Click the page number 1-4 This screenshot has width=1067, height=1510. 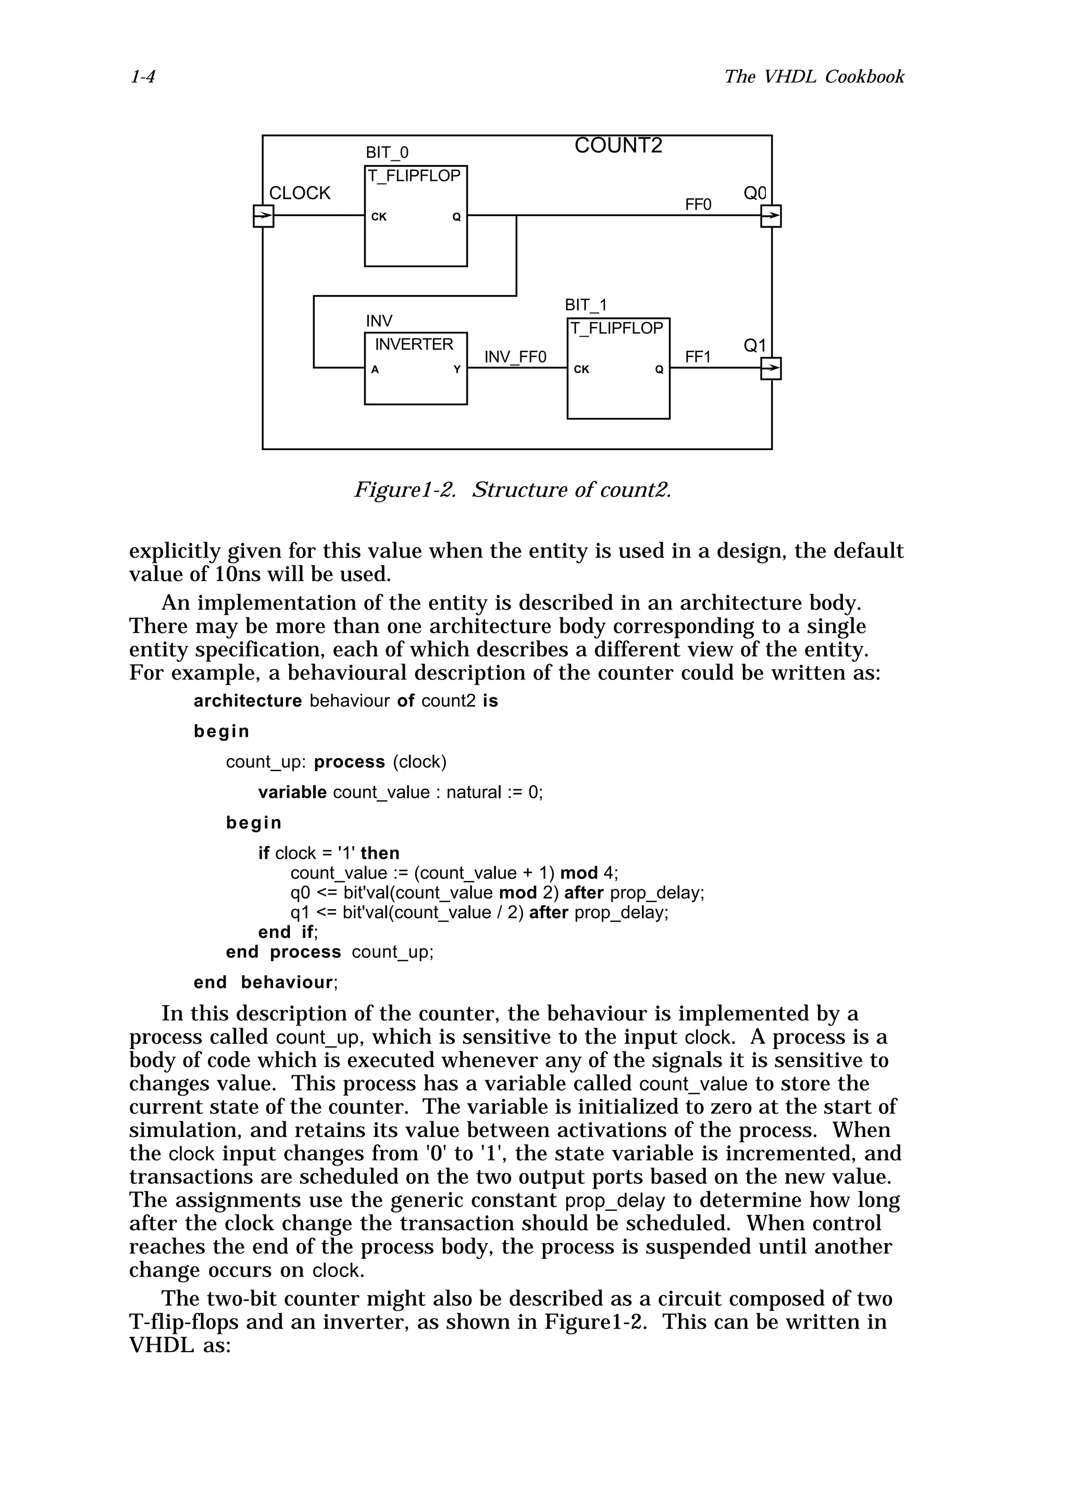[x=143, y=77]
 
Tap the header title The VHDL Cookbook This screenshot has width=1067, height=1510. [x=814, y=77]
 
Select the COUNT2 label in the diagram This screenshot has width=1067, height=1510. [x=618, y=145]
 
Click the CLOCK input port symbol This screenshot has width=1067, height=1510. [x=263, y=216]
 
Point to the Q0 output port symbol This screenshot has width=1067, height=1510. [x=771, y=216]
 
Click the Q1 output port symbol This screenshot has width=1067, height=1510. [x=771, y=368]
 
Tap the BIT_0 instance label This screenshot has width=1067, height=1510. [x=387, y=153]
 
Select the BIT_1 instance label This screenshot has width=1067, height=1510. [x=586, y=305]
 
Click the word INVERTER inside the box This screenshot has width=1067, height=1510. [x=414, y=344]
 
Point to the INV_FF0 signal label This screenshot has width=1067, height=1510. [x=515, y=357]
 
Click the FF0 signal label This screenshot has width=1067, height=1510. [x=698, y=205]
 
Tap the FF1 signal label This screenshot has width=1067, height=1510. [x=698, y=357]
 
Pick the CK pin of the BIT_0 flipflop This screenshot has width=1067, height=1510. [x=379, y=217]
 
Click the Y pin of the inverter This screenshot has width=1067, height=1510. [x=457, y=369]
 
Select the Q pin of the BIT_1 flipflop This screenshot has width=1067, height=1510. [x=659, y=369]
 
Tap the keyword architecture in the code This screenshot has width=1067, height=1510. [x=247, y=701]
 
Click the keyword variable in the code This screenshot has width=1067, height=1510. [x=292, y=793]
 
